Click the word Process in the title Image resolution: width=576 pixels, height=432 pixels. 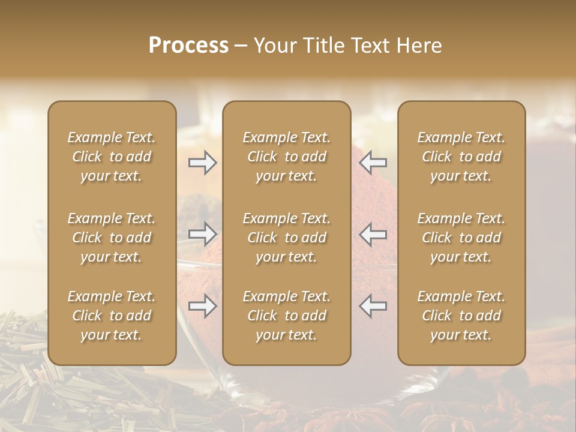pos(188,46)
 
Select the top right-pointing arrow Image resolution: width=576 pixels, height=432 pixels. pos(203,163)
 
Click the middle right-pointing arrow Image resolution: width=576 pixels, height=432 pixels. pos(203,234)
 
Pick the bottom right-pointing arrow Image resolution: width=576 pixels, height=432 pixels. pos(203,306)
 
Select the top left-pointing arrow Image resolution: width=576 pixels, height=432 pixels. pos(373,163)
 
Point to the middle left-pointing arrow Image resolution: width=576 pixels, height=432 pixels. pos(373,234)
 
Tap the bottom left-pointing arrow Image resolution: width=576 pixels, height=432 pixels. pos(373,306)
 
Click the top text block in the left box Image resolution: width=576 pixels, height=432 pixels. pos(112,157)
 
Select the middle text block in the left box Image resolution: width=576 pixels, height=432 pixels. pos(112,238)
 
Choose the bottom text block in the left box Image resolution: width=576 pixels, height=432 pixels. pos(112,316)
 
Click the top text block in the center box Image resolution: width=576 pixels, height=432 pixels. pos(287,157)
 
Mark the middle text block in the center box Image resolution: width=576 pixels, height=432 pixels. pos(287,238)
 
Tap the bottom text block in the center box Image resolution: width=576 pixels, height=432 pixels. pos(287,316)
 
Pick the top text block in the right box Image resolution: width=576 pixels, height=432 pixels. pos(461,157)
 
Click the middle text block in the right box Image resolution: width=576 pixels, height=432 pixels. pos(461,238)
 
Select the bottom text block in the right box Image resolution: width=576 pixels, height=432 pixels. pos(461,316)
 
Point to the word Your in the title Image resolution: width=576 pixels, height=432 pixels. pos(275,46)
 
